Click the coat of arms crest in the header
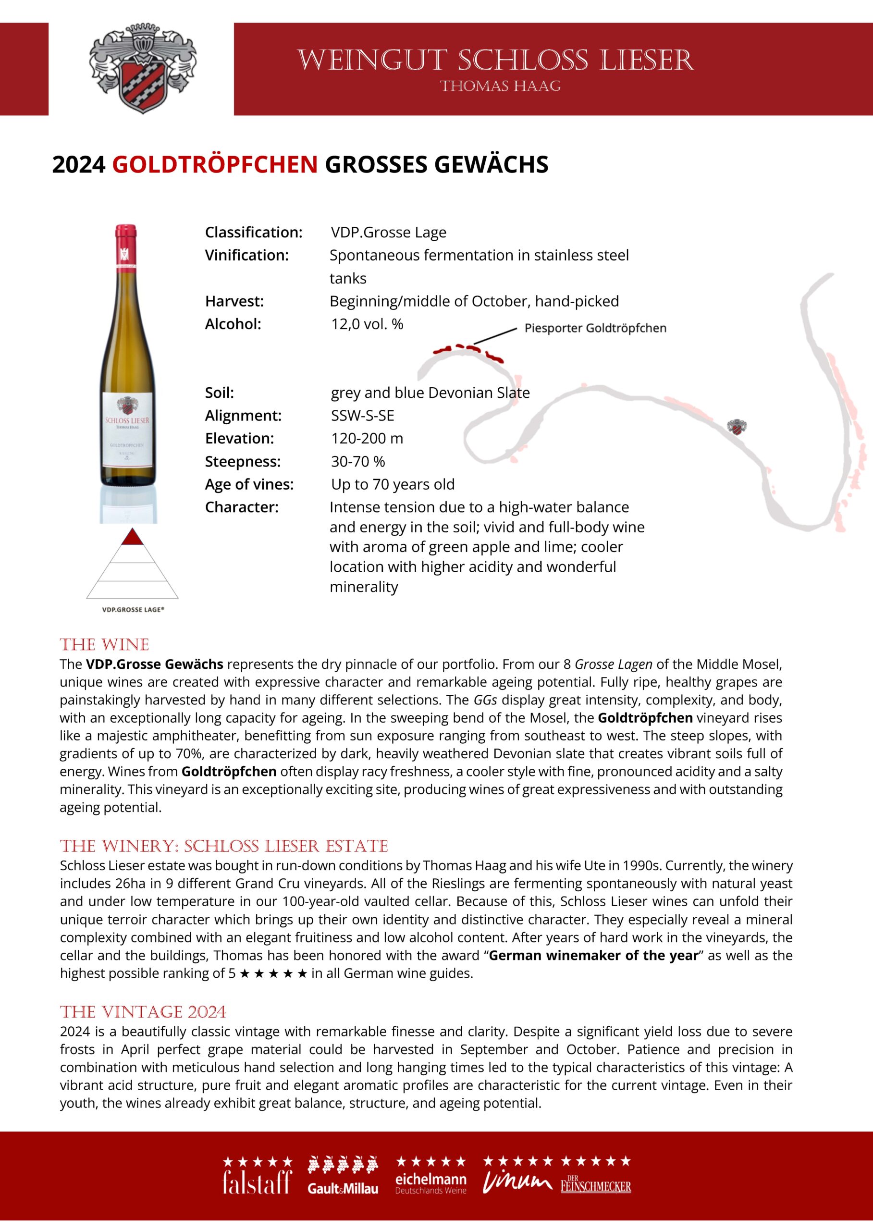click(x=142, y=68)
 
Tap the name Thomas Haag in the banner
click(x=500, y=86)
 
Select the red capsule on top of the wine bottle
click(x=126, y=245)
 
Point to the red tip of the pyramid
click(x=132, y=538)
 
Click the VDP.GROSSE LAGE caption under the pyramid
click(x=133, y=610)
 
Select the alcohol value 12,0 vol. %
click(x=367, y=324)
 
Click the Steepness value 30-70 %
click(x=358, y=461)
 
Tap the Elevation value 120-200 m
click(x=367, y=439)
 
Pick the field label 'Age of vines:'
click(x=249, y=484)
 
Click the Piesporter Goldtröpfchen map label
click(x=595, y=328)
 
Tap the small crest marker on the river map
click(x=738, y=428)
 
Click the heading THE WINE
click(x=104, y=645)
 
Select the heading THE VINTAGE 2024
click(x=143, y=1012)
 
